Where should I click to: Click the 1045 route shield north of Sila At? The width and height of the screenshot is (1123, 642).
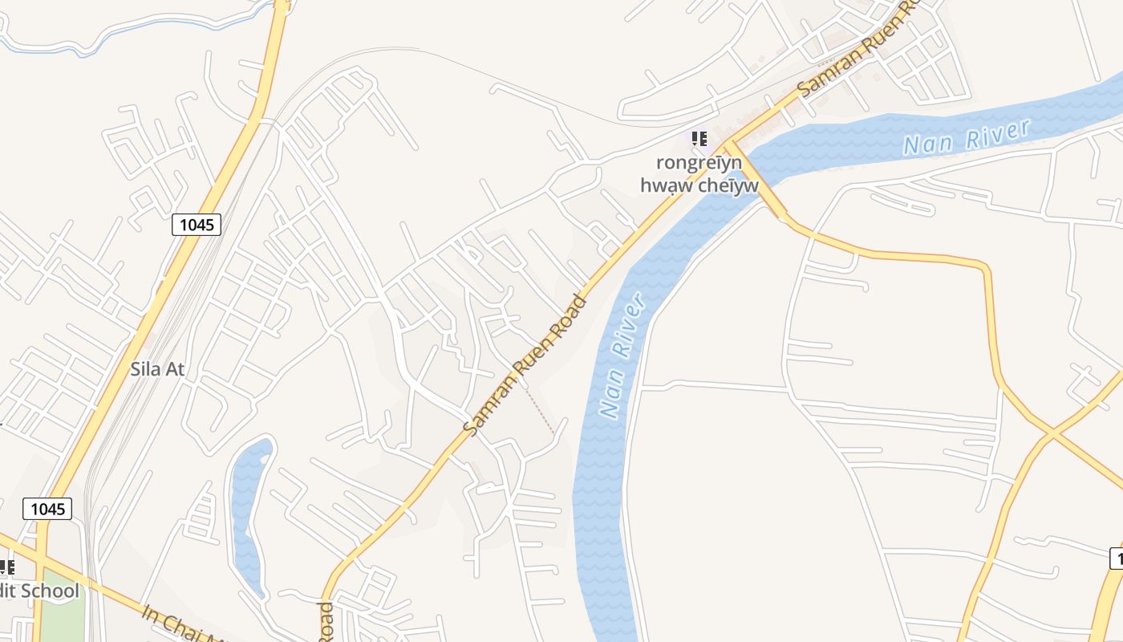pos(197,224)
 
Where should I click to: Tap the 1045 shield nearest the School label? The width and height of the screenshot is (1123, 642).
pos(47,508)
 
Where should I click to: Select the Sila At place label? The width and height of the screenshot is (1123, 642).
pos(157,369)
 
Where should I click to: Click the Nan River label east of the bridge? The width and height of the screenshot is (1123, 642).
pos(966,137)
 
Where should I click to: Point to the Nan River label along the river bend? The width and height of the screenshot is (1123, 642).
pos(622,357)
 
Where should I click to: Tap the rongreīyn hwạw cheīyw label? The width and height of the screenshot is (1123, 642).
pos(699,173)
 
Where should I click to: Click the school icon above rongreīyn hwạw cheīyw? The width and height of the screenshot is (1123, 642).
pos(699,139)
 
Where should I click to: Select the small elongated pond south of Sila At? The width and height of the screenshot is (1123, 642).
pos(249,514)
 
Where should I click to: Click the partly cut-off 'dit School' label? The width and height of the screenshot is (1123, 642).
pos(40,591)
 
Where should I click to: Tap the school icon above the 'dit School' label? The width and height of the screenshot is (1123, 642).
pos(6,567)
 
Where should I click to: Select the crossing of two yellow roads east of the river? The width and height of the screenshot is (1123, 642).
pos(1052,434)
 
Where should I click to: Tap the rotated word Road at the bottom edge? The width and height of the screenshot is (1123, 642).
pos(326,622)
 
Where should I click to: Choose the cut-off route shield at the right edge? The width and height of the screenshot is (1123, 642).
pos(1117,558)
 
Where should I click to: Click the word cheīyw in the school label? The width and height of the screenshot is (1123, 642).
pos(725,186)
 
